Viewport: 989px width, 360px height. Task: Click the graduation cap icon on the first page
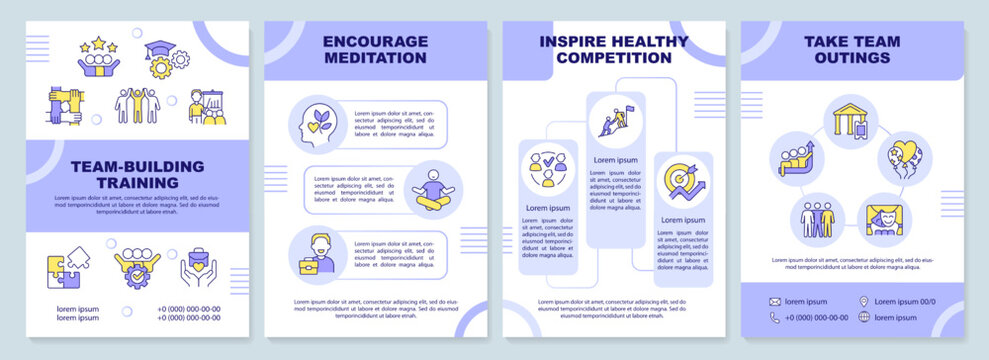point(160,50)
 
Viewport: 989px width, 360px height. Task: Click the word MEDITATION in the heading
point(376,59)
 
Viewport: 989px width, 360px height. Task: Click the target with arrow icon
point(683,181)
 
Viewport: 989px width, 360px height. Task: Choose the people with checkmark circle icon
point(547,170)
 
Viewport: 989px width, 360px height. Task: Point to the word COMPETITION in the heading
point(614,59)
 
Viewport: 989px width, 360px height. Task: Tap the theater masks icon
point(882,219)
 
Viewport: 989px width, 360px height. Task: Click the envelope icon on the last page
point(775,301)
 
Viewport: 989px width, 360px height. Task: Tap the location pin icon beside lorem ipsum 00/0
point(863,301)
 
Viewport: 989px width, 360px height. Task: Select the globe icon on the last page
point(863,318)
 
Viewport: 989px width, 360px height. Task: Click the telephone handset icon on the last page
point(775,318)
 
